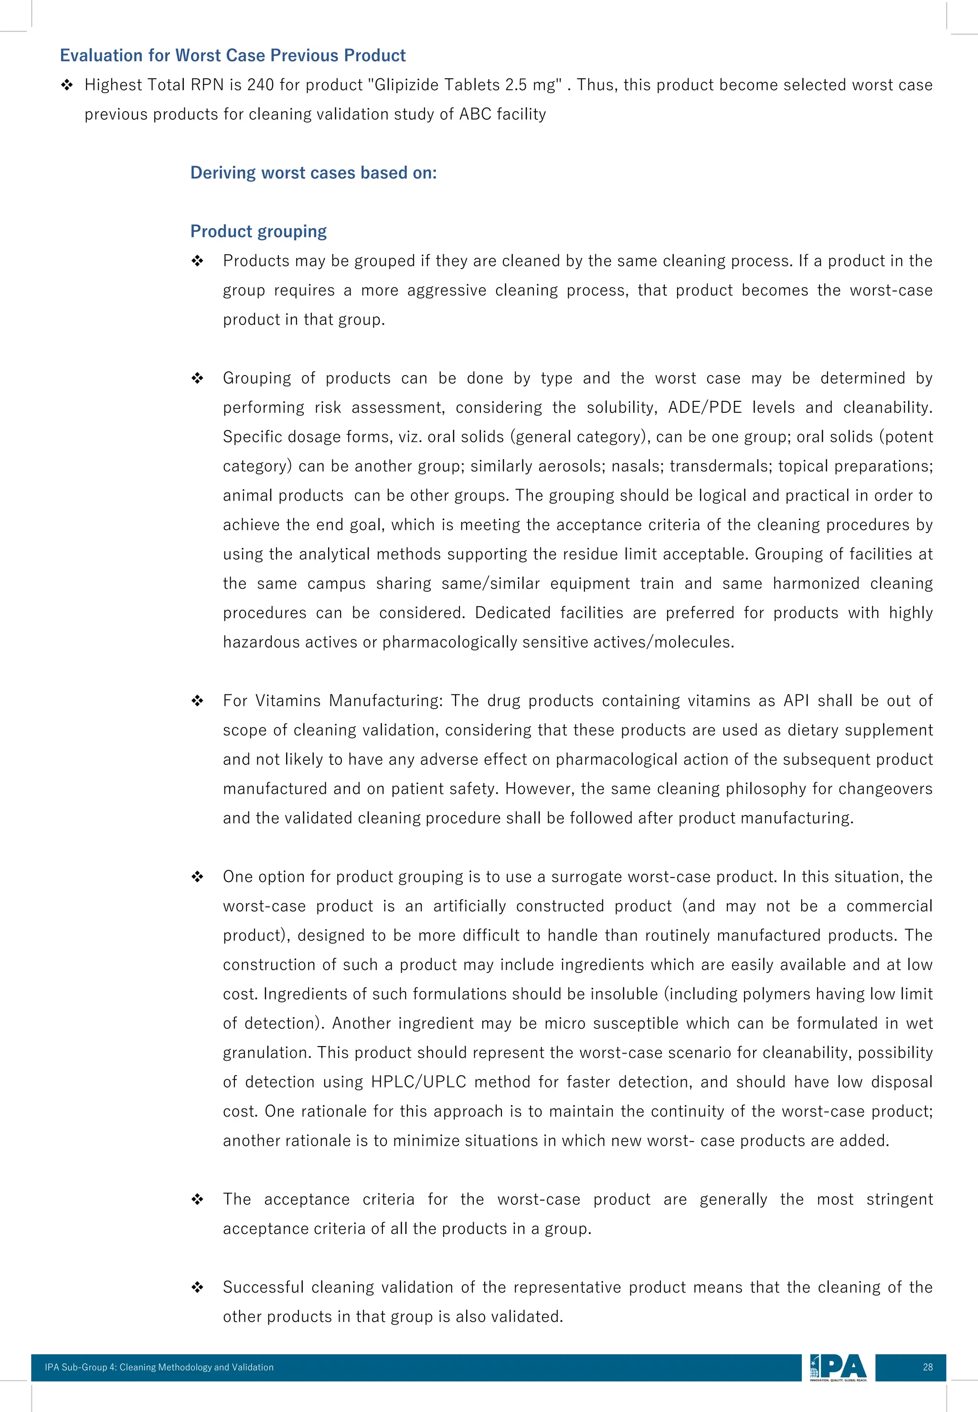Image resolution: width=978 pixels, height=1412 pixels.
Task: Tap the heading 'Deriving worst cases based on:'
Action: coord(313,173)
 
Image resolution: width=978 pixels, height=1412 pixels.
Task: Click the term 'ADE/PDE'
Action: coord(705,408)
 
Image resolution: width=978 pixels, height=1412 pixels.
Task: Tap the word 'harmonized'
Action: coord(816,584)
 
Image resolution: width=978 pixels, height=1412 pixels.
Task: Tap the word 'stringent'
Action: coord(899,1200)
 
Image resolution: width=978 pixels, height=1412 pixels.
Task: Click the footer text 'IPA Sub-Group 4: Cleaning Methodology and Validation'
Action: coord(159,1367)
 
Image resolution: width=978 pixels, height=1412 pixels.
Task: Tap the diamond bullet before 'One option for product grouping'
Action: coord(197,877)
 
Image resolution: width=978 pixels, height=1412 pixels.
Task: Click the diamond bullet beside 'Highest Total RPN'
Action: coord(67,85)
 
